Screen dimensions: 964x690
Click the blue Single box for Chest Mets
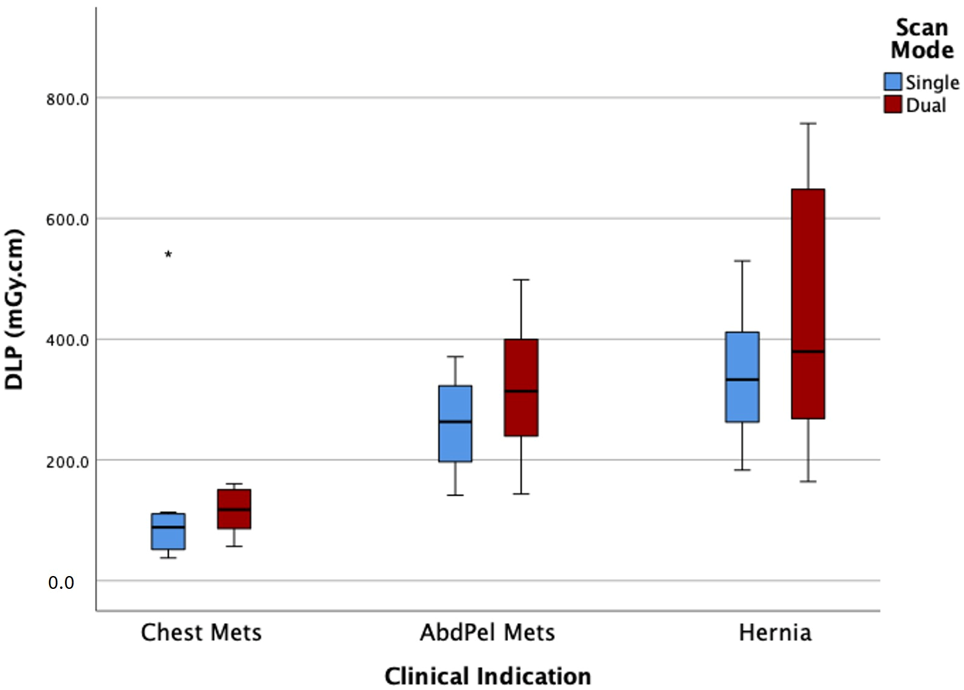169,531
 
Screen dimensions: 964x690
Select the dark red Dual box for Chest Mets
234,509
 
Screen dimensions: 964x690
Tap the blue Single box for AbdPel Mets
455,423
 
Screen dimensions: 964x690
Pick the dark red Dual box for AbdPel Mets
521,387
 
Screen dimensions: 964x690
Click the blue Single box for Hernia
742,377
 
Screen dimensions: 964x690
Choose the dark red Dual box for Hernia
808,303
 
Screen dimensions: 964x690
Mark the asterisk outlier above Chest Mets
169,254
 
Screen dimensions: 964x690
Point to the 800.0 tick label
67,99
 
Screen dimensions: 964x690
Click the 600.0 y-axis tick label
67,219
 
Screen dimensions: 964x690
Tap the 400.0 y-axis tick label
67,340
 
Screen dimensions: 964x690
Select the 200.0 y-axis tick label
67,461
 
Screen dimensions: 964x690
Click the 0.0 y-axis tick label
61,582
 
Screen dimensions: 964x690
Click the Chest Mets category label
202,633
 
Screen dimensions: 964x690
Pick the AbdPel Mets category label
488,633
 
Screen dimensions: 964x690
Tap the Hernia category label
775,633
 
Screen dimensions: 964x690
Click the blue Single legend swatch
893,82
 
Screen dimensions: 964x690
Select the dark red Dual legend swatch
893,104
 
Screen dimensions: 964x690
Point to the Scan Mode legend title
922,39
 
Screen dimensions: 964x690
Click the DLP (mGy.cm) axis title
13,309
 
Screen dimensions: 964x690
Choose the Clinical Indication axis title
488,676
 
